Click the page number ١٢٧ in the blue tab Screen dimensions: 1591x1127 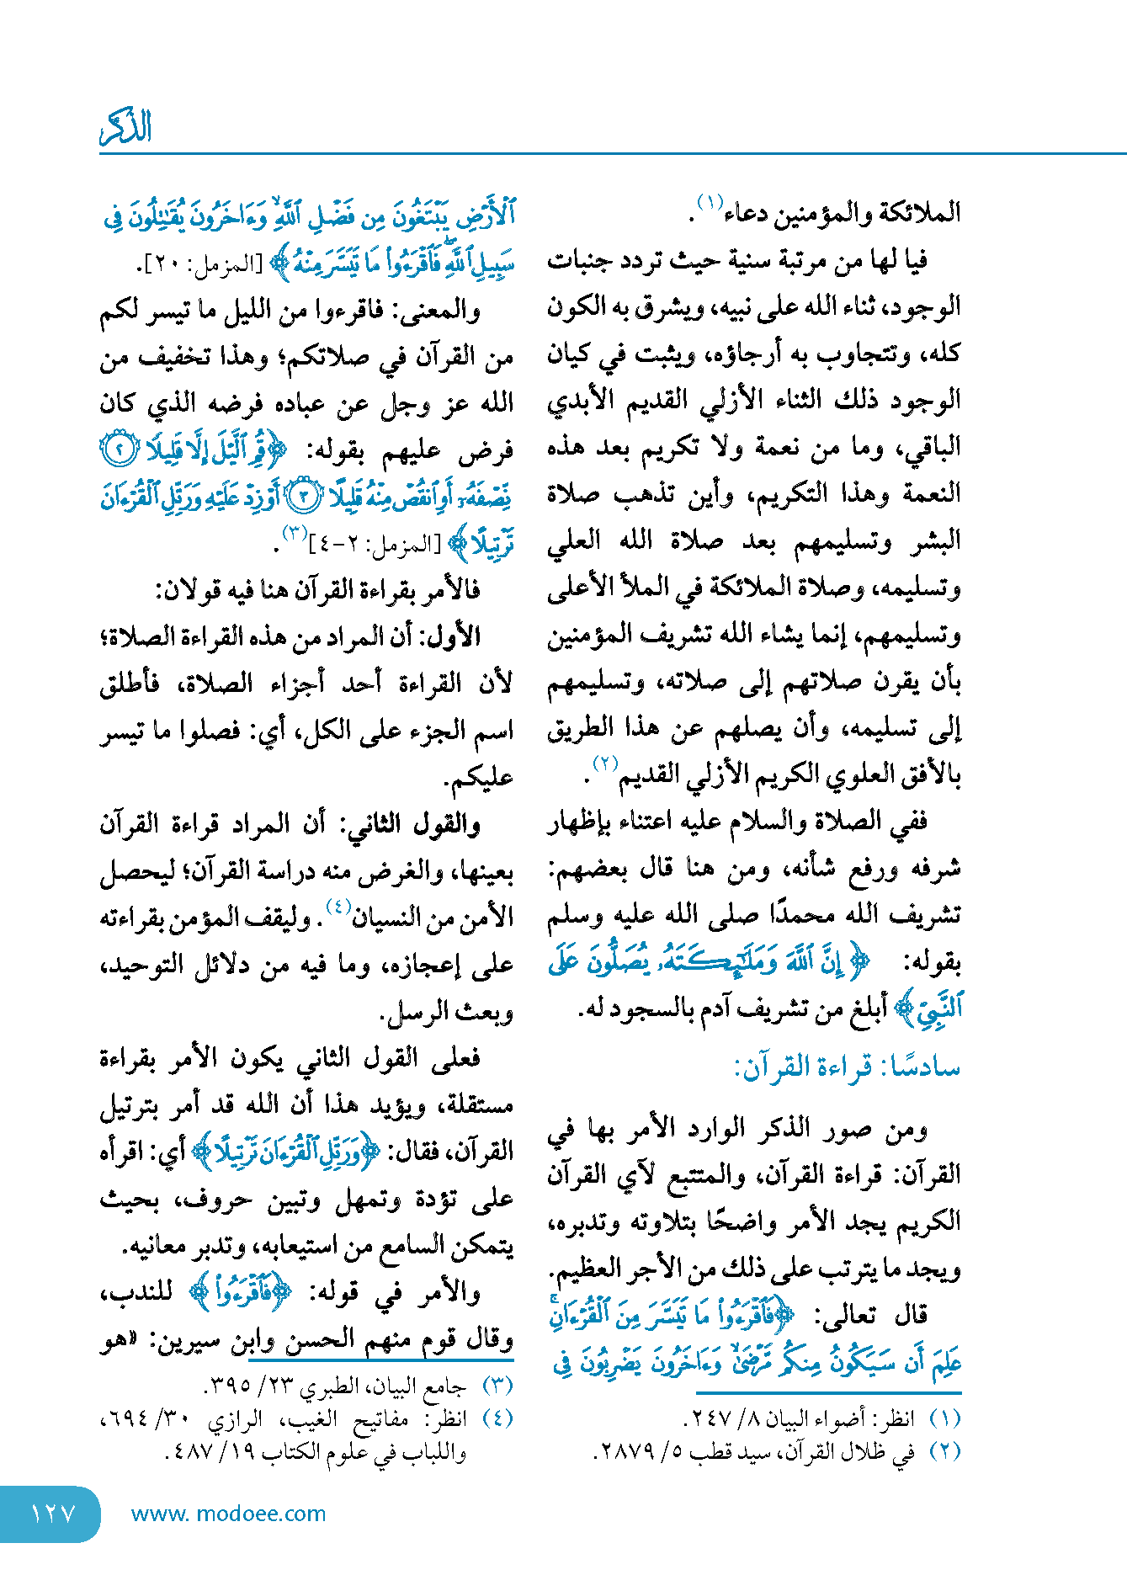53,1514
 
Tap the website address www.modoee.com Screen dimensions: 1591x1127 228,1514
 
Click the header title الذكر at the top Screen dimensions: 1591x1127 126,127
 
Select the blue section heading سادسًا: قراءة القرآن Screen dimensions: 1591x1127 847,1067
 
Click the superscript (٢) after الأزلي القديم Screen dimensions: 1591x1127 605,764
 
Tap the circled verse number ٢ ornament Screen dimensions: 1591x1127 119,451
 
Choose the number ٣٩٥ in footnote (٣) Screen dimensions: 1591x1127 228,1385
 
